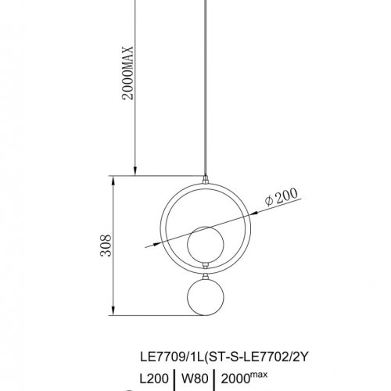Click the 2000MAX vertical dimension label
[127, 73]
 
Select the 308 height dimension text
[106, 246]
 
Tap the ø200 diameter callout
[281, 197]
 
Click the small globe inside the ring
[206, 245]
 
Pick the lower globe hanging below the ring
[206, 297]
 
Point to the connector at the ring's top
[206, 180]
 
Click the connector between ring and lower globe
[206, 276]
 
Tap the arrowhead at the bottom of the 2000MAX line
[135, 171]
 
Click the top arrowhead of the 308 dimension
[113, 181]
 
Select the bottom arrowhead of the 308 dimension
[113, 310]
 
